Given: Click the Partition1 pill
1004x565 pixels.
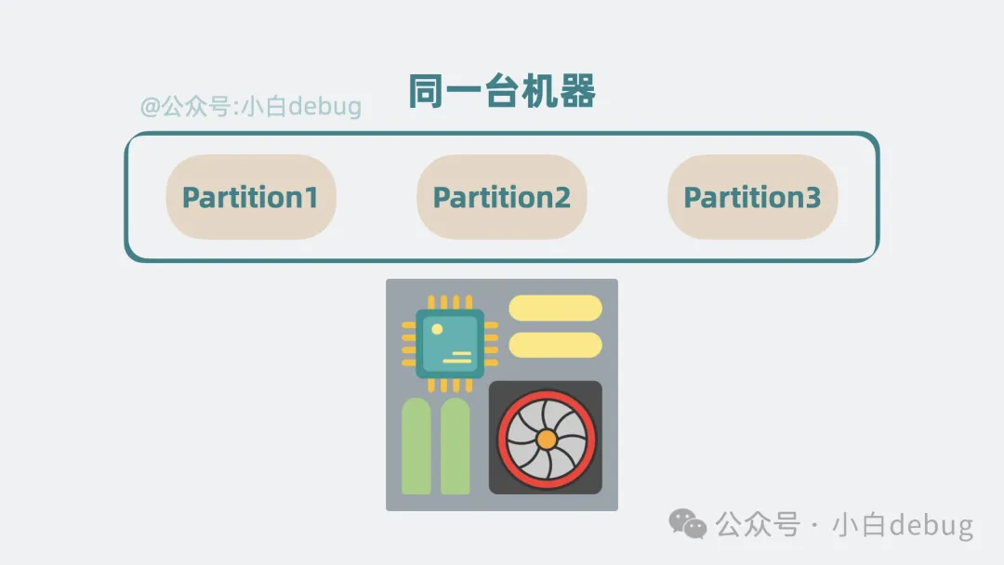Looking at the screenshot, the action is (251, 197).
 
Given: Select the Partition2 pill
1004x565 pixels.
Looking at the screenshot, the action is (502, 197).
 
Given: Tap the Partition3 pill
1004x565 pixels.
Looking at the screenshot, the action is (753, 197).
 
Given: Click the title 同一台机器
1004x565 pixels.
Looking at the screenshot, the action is (502, 91).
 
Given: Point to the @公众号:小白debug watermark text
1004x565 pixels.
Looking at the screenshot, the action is (251, 106).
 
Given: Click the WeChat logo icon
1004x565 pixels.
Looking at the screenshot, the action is (688, 524).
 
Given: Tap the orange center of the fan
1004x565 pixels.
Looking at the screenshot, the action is (547, 440).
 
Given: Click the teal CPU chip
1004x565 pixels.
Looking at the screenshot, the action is (450, 344).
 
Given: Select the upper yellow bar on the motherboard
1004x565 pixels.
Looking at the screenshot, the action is (555, 308).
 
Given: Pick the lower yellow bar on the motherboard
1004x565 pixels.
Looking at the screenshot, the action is (555, 345).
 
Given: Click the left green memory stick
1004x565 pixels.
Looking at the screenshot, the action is (416, 446).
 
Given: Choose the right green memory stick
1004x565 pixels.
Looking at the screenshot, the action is (456, 446).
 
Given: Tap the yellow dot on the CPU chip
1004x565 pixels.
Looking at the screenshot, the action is (437, 329).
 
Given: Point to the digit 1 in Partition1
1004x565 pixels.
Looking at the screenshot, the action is (311, 197).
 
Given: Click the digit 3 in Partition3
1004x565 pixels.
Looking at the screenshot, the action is (812, 197).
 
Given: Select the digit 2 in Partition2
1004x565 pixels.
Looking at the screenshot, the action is (561, 197).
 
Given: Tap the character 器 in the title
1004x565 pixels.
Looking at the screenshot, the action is (577, 91).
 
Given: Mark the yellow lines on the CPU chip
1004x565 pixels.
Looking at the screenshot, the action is (457, 357).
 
